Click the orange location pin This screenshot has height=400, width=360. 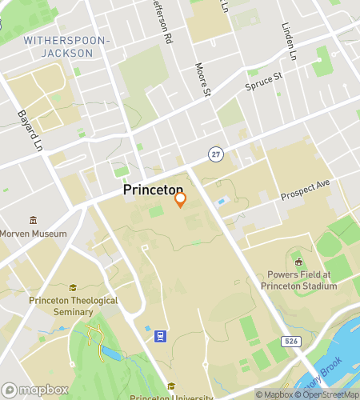pos(181,199)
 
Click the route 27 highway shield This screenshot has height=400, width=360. pos(215,153)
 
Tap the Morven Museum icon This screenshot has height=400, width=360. pos(33,221)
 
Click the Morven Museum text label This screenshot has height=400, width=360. pos(33,234)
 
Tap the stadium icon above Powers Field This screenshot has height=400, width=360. pos(298,262)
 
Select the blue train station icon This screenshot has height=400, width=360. pos(161,336)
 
